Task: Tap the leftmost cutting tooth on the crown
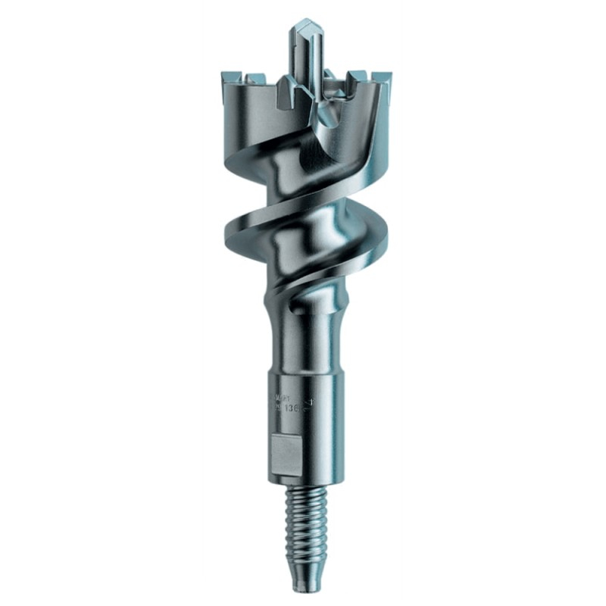pyautogui.click(x=230, y=77)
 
